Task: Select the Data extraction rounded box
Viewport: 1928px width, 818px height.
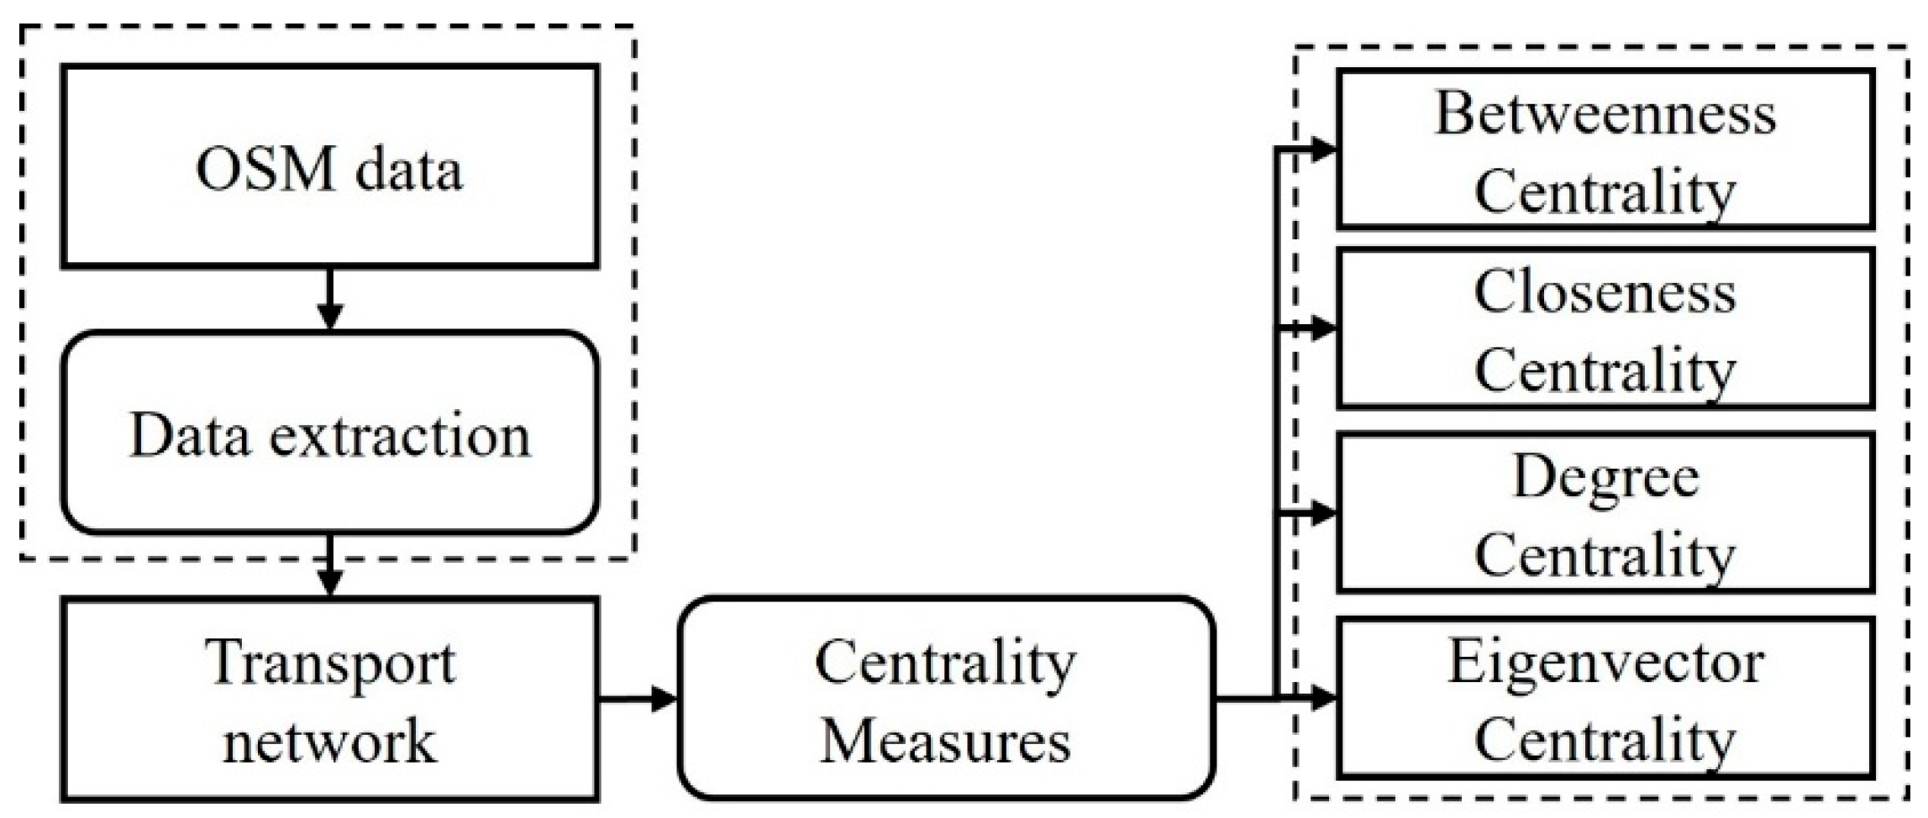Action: coord(329,433)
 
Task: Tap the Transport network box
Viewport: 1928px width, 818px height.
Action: coord(329,699)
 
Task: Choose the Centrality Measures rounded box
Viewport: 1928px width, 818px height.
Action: coord(946,699)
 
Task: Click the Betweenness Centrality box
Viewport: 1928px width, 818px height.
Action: coord(1605,149)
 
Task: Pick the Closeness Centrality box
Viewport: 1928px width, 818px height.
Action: coord(1605,328)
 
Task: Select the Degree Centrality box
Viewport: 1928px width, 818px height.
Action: coord(1605,512)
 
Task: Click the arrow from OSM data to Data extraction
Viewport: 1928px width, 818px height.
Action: coord(330,300)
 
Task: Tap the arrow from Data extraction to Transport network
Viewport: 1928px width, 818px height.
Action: coord(330,567)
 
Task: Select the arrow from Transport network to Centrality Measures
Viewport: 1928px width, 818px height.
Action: coord(638,698)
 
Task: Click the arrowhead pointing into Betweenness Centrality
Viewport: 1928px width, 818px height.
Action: coord(1323,149)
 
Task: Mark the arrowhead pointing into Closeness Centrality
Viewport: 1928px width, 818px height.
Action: coord(1323,328)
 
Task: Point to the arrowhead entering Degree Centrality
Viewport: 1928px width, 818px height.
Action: coord(1323,512)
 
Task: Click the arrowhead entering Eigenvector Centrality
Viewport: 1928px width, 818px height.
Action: coord(1323,697)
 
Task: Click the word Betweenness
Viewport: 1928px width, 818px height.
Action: coord(1605,113)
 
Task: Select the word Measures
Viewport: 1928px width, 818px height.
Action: coord(946,741)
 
